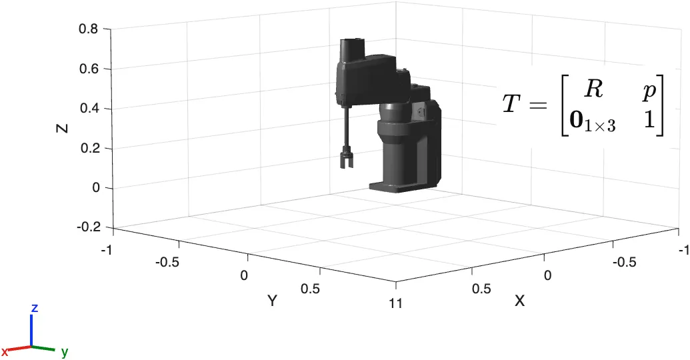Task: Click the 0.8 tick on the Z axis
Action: pos(88,29)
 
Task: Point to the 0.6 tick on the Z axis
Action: pos(88,69)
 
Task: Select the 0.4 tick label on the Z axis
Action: pos(88,108)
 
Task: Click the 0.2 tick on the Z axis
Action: pos(88,148)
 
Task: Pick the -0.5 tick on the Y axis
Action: pos(167,263)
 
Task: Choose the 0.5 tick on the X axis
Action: pos(481,289)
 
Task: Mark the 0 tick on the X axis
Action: pos(547,275)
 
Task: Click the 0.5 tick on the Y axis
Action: pos(310,289)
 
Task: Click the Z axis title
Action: pos(63,128)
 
